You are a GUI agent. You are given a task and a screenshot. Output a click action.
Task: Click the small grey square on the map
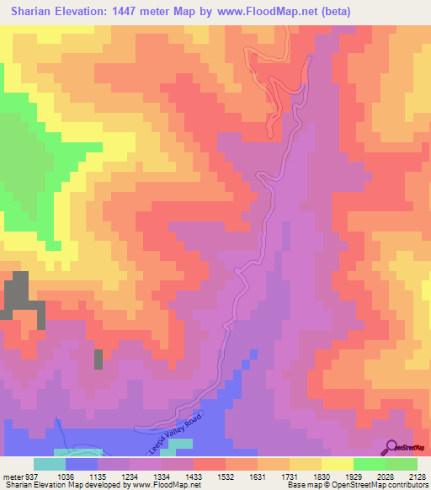98,359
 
